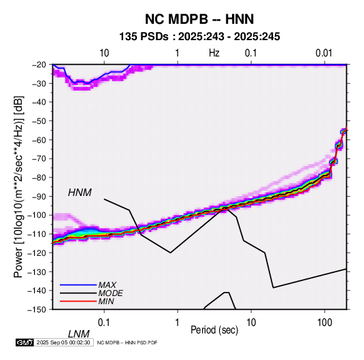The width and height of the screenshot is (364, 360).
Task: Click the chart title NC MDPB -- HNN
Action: click(199, 19)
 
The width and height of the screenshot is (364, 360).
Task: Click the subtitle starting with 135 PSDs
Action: click(199, 37)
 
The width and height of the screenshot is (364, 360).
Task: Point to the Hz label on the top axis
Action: click(214, 53)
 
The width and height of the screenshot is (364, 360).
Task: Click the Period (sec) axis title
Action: click(214, 330)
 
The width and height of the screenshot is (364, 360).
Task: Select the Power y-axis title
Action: click(18, 187)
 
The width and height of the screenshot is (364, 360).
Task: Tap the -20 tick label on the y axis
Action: click(39, 65)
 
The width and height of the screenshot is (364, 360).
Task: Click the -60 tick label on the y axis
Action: click(39, 140)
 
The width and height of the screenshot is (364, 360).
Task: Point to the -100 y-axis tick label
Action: click(37, 215)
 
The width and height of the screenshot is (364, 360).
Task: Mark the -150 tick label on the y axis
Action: click(37, 310)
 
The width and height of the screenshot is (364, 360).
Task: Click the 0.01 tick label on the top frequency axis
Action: click(324, 53)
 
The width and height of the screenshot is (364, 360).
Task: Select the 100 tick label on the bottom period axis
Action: click(325, 323)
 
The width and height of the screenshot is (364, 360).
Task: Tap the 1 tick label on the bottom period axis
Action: click(177, 323)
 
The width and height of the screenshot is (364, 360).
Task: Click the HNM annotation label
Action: click(80, 193)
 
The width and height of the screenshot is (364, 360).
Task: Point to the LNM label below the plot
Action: click(79, 334)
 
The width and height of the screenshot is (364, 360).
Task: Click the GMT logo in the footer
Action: click(24, 342)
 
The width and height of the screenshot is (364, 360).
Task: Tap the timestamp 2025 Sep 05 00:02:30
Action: click(63, 342)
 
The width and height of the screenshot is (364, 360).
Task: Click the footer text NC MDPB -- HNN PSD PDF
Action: click(127, 342)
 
